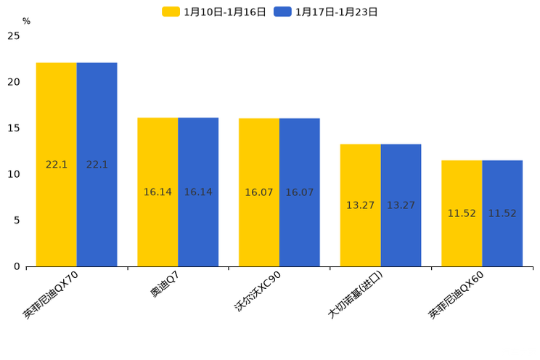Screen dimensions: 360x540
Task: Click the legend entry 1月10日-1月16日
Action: click(x=214, y=12)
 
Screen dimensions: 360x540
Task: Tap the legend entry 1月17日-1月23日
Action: click(x=326, y=12)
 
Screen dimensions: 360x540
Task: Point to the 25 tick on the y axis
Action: click(x=14, y=36)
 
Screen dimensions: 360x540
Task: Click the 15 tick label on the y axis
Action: click(x=14, y=128)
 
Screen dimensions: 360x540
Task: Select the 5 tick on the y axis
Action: click(x=17, y=221)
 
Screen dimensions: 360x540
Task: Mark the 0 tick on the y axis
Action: click(x=17, y=266)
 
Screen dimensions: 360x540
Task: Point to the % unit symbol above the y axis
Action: click(x=26, y=22)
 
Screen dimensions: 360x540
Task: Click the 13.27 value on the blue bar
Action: click(x=401, y=205)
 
